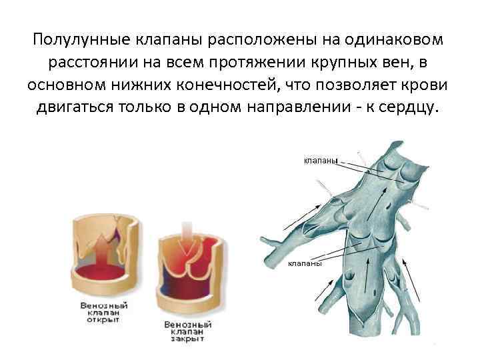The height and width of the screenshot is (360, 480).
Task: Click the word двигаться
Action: [x=76, y=109]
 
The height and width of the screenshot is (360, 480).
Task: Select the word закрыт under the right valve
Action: [x=187, y=338]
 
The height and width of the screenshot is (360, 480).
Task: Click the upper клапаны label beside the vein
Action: [x=320, y=160]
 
